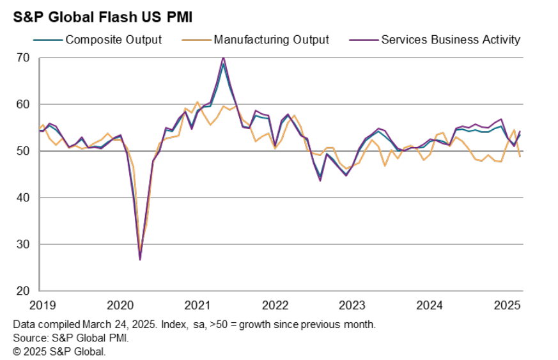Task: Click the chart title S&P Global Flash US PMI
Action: (x=95, y=16)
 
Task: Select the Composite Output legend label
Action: (x=114, y=40)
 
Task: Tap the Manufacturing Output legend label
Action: (x=271, y=40)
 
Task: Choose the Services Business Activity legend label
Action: (x=451, y=40)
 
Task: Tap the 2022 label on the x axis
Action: (x=275, y=305)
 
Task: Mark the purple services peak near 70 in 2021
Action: (x=223, y=58)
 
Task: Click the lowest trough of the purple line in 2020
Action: (x=140, y=259)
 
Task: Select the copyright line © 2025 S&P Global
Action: (x=59, y=351)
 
